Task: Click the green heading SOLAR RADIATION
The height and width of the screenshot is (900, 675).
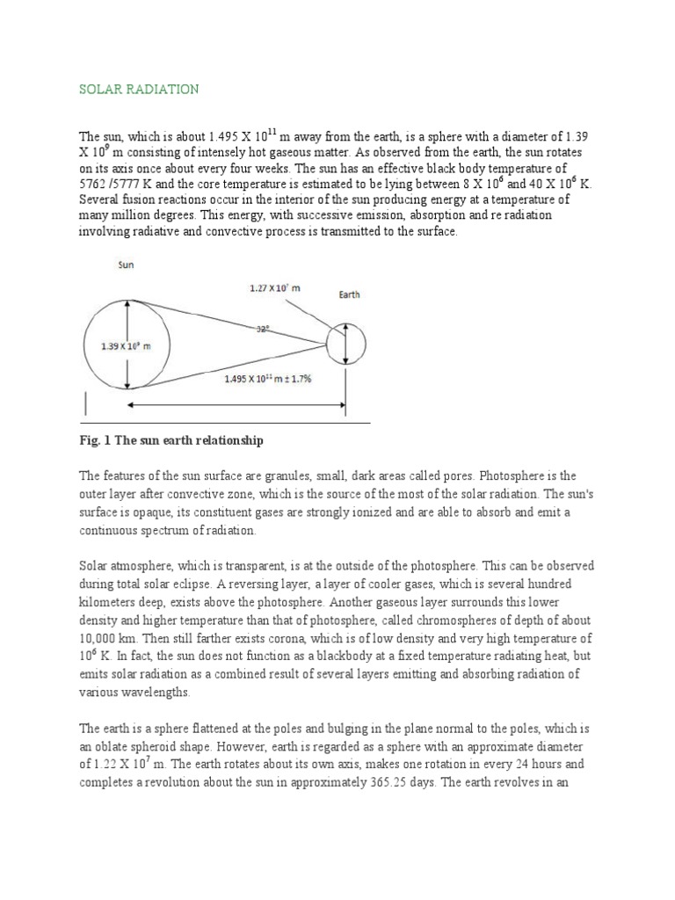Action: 139,89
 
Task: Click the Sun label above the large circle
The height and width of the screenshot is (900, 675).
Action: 126,265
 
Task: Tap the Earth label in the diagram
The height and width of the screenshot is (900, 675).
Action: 350,295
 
